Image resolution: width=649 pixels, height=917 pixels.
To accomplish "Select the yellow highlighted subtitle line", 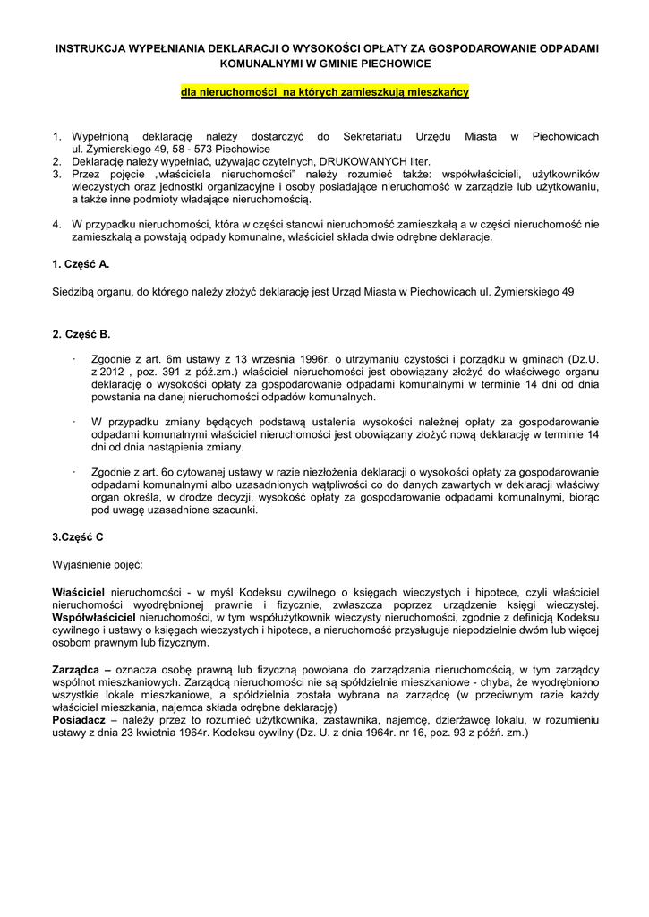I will coord(325,92).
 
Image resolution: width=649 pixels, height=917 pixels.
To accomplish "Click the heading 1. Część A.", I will coord(81,266).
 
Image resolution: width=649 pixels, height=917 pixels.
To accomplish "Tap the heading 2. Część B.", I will coord(81,334).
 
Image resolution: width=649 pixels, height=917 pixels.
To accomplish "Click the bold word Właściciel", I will coord(80,593).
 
